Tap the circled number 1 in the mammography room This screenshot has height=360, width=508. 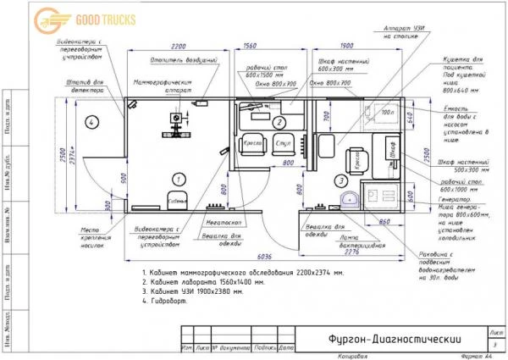(178, 179)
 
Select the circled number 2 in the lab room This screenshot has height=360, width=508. (279, 122)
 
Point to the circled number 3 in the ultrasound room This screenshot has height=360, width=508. (340, 180)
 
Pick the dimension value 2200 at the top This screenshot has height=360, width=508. (178, 46)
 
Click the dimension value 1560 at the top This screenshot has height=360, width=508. (251, 46)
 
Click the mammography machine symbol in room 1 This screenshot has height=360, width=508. (177, 125)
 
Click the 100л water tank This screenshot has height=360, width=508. (389, 113)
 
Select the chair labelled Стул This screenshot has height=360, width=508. (284, 144)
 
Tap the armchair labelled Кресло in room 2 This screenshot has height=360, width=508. (252, 144)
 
